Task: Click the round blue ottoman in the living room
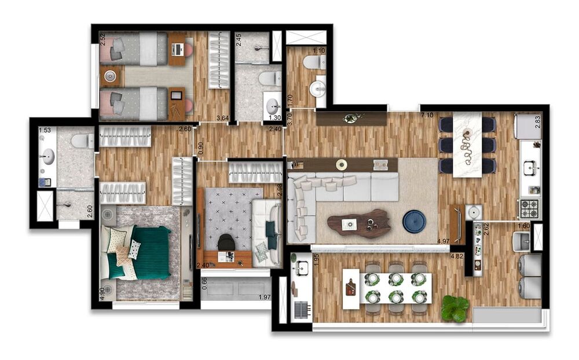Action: (x=414, y=222)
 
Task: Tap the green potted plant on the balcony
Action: (x=455, y=308)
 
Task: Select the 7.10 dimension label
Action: (x=427, y=116)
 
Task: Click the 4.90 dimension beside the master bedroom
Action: (x=102, y=292)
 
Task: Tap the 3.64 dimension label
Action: (x=222, y=119)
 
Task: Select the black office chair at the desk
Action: (x=226, y=242)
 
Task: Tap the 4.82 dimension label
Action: (x=457, y=255)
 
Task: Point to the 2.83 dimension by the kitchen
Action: (x=538, y=121)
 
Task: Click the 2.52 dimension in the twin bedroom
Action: (x=102, y=39)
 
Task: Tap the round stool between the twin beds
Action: (x=110, y=76)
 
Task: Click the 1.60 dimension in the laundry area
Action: (x=523, y=226)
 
